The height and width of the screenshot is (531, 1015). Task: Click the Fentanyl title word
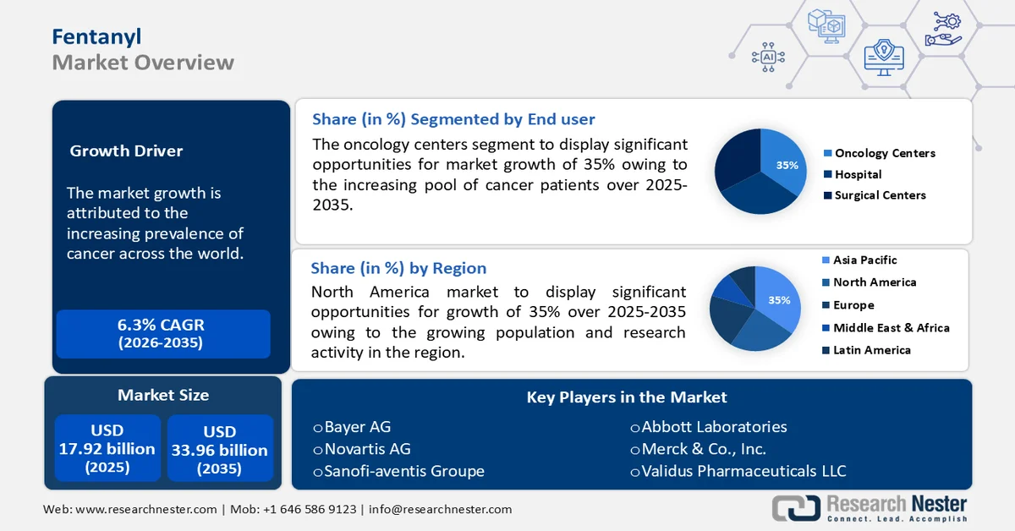(x=96, y=36)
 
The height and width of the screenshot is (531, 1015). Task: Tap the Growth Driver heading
(x=126, y=151)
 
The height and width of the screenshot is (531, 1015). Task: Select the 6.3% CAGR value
(x=161, y=325)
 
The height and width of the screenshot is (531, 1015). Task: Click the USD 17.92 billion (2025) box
(x=107, y=447)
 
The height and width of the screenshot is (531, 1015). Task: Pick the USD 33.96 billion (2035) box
(x=219, y=447)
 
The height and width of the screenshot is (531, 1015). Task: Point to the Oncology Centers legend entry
(x=885, y=153)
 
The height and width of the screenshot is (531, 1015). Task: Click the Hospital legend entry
(x=858, y=174)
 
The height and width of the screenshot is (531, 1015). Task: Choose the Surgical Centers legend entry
(x=880, y=195)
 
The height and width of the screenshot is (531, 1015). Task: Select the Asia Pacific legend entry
(x=864, y=260)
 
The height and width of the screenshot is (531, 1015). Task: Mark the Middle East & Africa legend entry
(x=891, y=328)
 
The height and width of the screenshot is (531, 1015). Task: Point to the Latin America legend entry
(x=871, y=350)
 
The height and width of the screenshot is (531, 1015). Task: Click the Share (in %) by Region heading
(x=398, y=269)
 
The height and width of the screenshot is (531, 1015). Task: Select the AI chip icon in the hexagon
(x=768, y=57)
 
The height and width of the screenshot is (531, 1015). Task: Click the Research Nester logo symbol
(x=795, y=506)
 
